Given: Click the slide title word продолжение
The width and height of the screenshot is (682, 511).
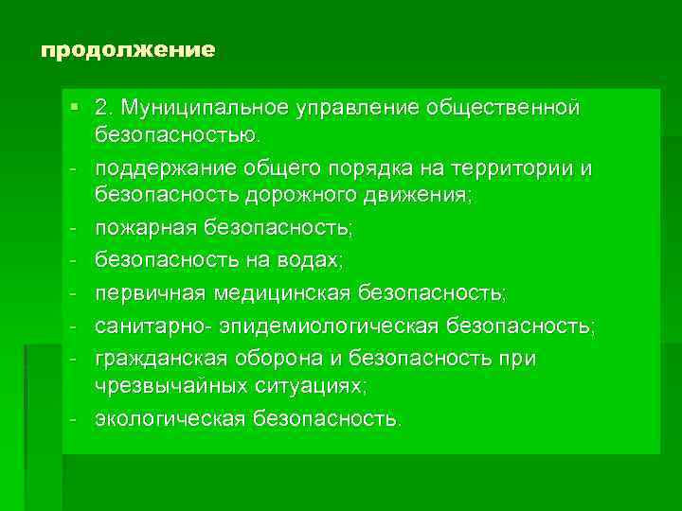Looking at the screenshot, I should tap(128, 49).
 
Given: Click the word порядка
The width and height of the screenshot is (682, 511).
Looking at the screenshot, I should tap(379, 168).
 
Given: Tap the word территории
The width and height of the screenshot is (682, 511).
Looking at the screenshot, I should tap(521, 168).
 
